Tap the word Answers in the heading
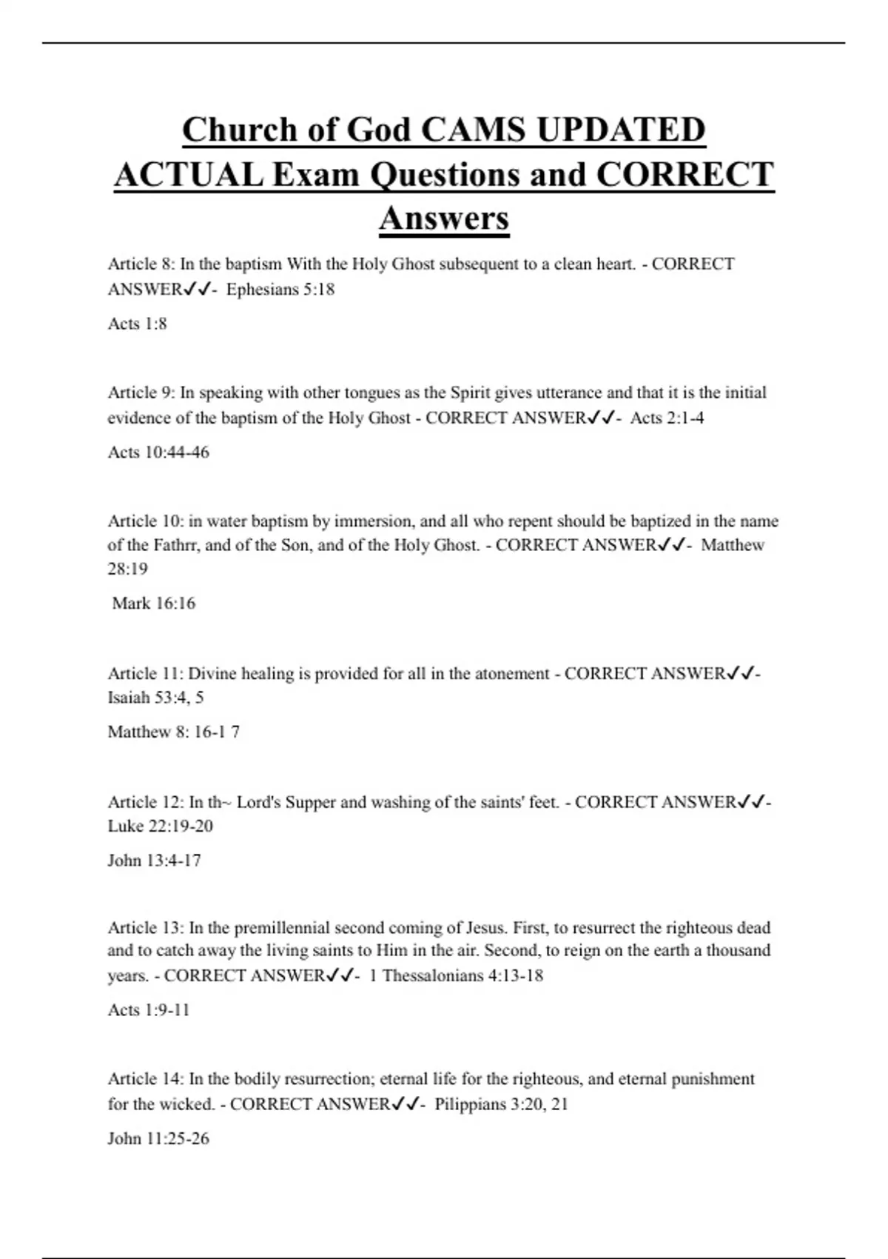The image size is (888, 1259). pyautogui.click(x=444, y=218)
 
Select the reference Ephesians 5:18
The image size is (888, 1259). pyautogui.click(x=280, y=290)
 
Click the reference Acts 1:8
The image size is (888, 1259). pyautogui.click(x=138, y=324)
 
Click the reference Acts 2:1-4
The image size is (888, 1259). pyautogui.click(x=667, y=418)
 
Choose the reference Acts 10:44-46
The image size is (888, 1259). pyautogui.click(x=158, y=452)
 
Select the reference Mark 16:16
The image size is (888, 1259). pyautogui.click(x=154, y=603)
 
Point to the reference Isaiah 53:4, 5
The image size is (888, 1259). pyautogui.click(x=155, y=697)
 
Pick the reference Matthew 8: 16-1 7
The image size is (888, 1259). pyautogui.click(x=173, y=732)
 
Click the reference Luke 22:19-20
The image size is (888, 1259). pyautogui.click(x=160, y=826)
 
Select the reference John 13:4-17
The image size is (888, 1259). pyautogui.click(x=154, y=861)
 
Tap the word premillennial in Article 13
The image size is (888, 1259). pyautogui.click(x=282, y=928)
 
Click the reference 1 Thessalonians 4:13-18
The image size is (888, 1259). pyautogui.click(x=456, y=975)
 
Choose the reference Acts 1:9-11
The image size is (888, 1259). pyautogui.click(x=149, y=1009)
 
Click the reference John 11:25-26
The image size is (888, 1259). pyautogui.click(x=158, y=1138)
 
